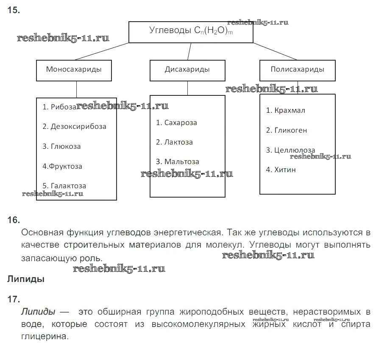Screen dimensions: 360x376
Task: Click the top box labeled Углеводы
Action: [x=191, y=31]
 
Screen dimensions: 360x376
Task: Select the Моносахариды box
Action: [x=74, y=70]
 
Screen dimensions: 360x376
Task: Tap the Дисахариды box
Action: [x=187, y=70]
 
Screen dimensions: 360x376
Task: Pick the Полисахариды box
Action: [x=297, y=70]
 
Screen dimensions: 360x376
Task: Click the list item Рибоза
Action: [x=60, y=107]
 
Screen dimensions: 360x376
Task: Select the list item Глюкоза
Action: [x=61, y=146]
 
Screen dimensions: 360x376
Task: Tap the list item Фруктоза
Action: [x=62, y=166]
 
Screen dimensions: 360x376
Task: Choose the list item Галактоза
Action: [x=64, y=186]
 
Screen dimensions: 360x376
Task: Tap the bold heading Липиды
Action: [x=26, y=279]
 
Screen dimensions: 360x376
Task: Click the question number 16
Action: [x=14, y=220]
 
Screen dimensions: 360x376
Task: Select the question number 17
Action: [x=14, y=299]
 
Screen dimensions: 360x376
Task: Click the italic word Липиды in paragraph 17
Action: [x=38, y=312]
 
